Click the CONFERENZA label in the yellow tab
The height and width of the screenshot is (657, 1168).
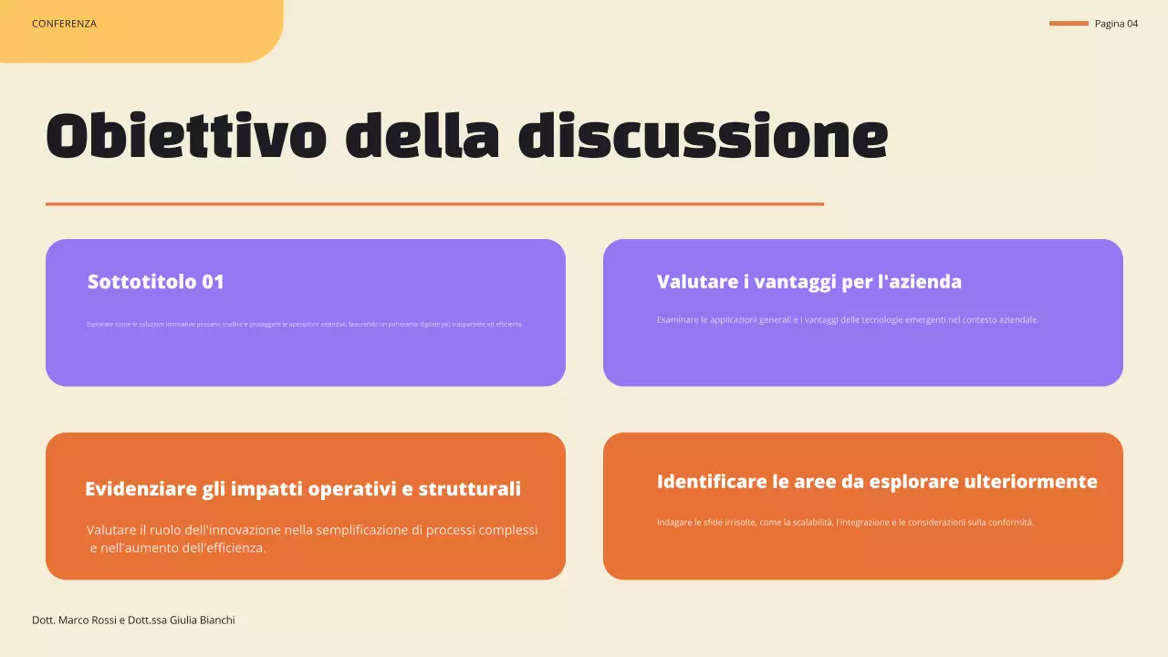[x=64, y=24]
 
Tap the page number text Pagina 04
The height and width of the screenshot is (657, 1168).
[x=1116, y=24]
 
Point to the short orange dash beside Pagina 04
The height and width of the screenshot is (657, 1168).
[x=1069, y=24]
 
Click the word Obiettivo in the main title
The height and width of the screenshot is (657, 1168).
[x=186, y=137]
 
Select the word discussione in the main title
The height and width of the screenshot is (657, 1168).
[x=703, y=137]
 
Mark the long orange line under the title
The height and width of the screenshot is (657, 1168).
[x=434, y=204]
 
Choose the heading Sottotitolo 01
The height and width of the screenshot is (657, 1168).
[x=156, y=282]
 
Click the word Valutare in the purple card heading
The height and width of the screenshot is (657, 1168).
[x=694, y=282]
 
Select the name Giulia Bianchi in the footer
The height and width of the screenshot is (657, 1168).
[x=203, y=620]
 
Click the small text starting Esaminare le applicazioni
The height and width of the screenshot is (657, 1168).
[x=848, y=320]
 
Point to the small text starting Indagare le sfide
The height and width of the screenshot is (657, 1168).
[x=845, y=523]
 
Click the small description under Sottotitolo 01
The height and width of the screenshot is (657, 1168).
[x=305, y=324]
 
